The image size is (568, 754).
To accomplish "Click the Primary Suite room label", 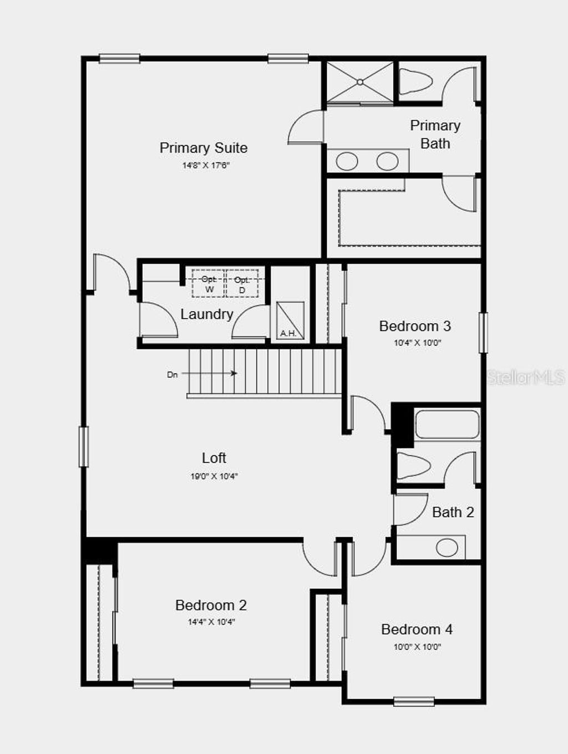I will (203, 148).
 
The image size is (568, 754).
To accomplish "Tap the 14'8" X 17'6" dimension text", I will (206, 166).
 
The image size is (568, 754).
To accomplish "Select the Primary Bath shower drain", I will (359, 82).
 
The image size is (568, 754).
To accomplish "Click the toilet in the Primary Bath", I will (415, 81).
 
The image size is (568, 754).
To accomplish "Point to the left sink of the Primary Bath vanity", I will (347, 161).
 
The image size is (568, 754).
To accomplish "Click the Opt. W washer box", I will (209, 283).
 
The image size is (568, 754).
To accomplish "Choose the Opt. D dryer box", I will (242, 283).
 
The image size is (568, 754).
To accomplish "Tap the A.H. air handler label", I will (288, 333).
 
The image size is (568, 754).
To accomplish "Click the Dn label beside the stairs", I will (173, 375).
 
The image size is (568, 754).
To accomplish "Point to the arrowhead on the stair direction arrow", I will (235, 373).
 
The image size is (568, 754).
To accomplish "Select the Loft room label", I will (214, 458).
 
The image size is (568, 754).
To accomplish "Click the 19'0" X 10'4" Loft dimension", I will (214, 476).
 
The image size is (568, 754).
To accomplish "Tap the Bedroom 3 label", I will (415, 326).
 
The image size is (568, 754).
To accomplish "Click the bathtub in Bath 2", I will (447, 424).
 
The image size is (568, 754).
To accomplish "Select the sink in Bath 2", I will (447, 548).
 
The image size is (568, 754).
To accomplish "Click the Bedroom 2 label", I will (211, 605).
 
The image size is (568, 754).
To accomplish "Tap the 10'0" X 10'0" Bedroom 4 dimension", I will (417, 647).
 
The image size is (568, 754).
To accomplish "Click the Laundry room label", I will (206, 314).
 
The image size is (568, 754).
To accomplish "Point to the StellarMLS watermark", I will (526, 378).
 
